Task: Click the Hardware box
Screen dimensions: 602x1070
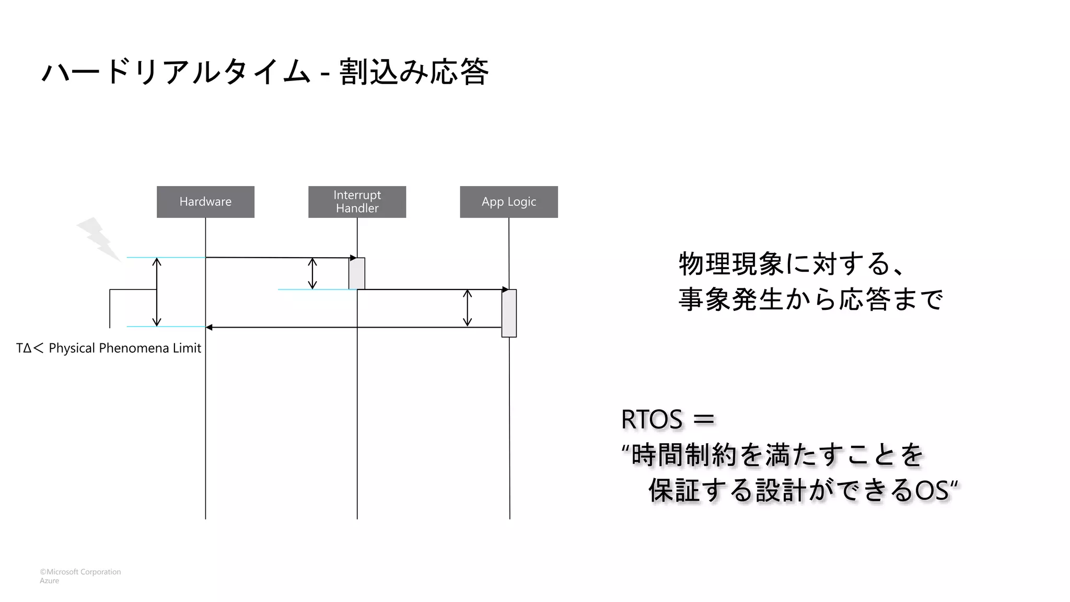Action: click(x=205, y=202)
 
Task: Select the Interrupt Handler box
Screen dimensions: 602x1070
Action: click(x=357, y=202)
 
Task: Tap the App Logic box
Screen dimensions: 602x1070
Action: click(x=508, y=202)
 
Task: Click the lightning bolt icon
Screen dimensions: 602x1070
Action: click(x=99, y=239)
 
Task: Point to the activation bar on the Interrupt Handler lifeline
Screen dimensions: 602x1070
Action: click(x=357, y=273)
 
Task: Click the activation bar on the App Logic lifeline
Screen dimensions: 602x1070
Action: click(x=509, y=313)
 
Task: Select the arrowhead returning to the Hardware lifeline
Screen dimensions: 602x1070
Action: click(x=209, y=328)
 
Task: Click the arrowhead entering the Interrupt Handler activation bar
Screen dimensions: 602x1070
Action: click(x=353, y=258)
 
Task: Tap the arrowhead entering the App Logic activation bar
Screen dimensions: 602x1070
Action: click(x=505, y=290)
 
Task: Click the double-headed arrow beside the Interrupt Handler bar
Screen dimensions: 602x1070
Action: click(x=312, y=273)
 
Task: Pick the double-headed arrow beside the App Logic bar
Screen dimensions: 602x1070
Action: click(x=468, y=308)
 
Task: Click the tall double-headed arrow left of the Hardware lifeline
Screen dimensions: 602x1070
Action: click(x=157, y=292)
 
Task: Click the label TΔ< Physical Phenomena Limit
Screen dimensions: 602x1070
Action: click(x=109, y=348)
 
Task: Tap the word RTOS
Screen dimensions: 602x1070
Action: click(x=652, y=420)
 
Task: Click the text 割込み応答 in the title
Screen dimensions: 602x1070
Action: click(x=414, y=72)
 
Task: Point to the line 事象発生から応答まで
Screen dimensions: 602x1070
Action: click(x=810, y=299)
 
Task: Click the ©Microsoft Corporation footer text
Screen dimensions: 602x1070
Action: click(x=80, y=572)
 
